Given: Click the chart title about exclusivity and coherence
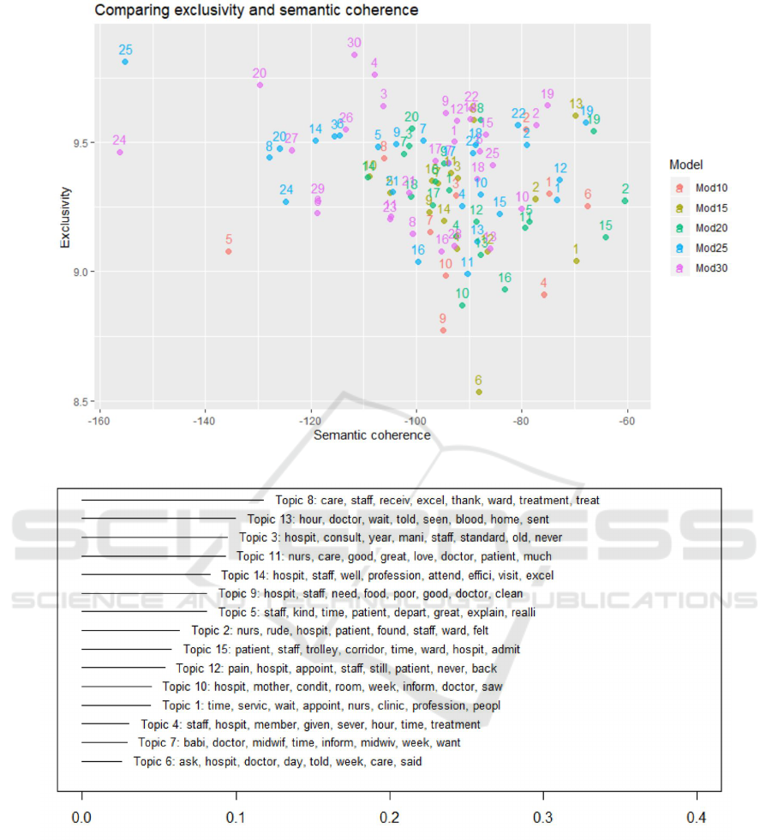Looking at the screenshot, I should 256,11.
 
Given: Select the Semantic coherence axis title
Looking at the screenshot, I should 372,435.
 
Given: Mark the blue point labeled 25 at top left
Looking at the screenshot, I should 125,62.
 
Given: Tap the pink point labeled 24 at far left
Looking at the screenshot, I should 120,152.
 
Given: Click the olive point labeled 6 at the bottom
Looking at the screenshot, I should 479,392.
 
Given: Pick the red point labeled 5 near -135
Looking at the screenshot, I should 228,251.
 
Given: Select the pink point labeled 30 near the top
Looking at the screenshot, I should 354,55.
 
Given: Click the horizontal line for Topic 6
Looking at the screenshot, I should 102,761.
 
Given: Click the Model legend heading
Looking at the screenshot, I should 686,165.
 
